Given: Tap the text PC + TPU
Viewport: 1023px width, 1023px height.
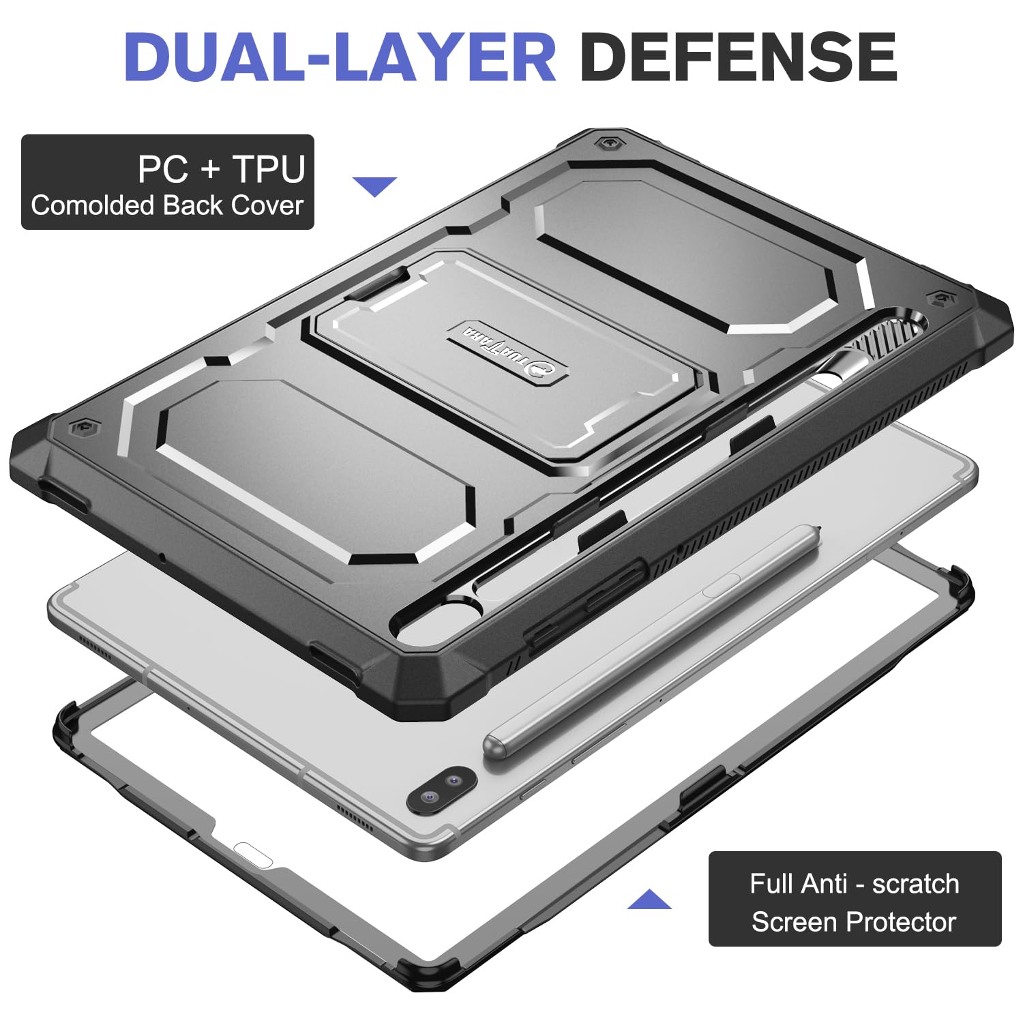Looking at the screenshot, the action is [x=221, y=169].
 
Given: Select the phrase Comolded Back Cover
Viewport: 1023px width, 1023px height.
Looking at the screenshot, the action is [x=167, y=205].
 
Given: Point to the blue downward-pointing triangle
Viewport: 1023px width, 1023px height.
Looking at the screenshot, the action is [x=374, y=186].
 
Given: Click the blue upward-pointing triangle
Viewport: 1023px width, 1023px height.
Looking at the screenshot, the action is [x=649, y=900].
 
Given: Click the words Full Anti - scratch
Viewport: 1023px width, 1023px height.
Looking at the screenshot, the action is [x=855, y=884].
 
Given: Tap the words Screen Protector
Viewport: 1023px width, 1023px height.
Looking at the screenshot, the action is [x=854, y=922].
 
